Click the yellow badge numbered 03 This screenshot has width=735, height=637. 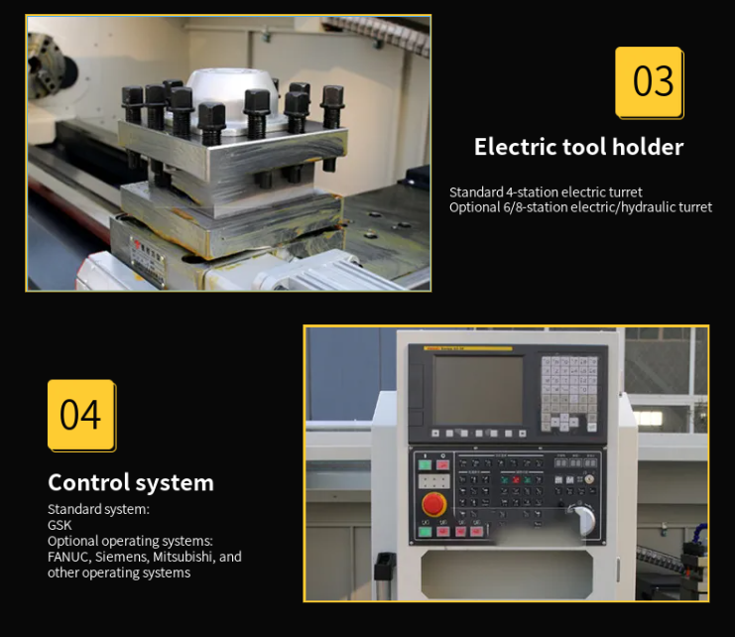pos(650,81)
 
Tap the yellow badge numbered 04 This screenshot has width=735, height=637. pos(80,414)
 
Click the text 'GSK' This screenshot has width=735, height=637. pos(60,525)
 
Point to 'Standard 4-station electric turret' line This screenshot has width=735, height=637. pos(546,192)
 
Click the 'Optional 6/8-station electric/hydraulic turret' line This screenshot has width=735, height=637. pos(580,207)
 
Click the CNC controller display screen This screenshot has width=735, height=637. pos(478,390)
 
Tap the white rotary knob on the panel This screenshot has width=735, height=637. pos(584,519)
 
